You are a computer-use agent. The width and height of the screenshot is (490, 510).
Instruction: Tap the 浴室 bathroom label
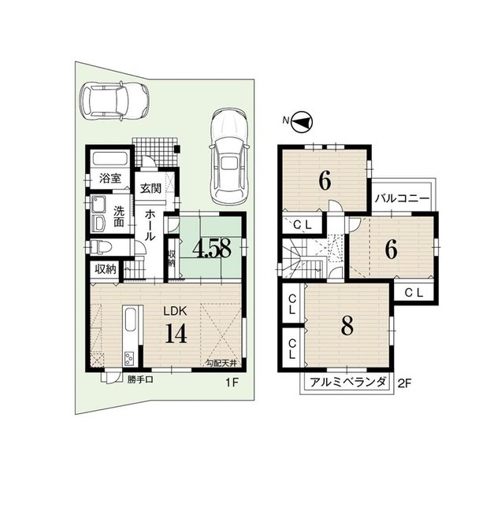coord(110,178)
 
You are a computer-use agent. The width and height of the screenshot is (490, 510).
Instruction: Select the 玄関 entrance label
coord(150,188)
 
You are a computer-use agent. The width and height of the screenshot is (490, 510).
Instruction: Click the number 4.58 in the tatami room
coord(212,249)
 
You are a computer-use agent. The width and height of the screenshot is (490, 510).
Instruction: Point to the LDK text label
coord(175,311)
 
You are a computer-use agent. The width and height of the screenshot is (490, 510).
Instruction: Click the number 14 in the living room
coord(176,334)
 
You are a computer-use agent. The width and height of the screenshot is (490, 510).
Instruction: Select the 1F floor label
coord(232,382)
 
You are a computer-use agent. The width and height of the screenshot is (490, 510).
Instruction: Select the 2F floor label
coord(405,383)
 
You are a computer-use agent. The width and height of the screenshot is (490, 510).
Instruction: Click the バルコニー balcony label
coord(402,198)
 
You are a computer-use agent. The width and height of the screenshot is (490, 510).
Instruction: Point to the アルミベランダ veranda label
coord(347,382)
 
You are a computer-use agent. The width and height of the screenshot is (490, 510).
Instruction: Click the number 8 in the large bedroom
coord(347,326)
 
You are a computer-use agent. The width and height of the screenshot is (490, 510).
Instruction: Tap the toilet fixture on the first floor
coord(102,247)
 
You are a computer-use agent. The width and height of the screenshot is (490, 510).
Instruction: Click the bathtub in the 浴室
coord(110,159)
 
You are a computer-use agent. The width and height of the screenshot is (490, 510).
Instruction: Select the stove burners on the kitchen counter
coord(128,359)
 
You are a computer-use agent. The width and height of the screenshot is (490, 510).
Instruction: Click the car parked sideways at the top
coord(114,101)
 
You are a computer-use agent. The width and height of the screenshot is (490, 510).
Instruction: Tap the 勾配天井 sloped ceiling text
coord(221,363)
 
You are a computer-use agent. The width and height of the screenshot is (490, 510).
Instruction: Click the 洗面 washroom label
coord(118,216)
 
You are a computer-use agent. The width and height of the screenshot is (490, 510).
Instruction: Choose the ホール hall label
coord(150,225)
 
